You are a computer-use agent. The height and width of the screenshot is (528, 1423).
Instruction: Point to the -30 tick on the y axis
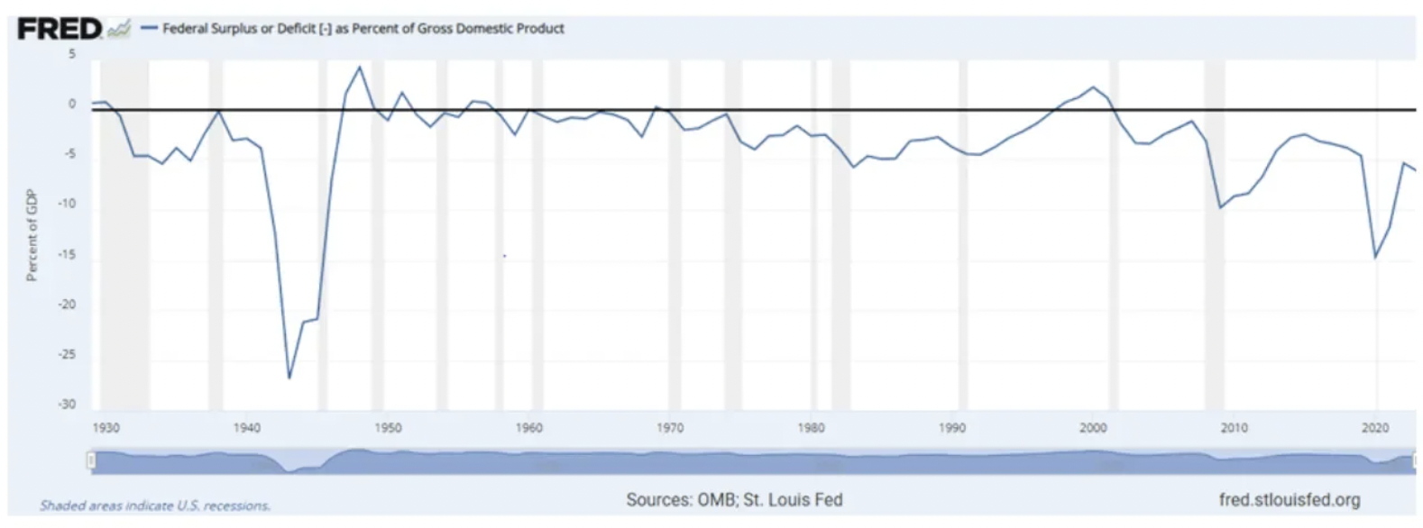(x=68, y=405)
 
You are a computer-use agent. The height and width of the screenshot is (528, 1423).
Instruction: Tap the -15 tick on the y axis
(x=68, y=255)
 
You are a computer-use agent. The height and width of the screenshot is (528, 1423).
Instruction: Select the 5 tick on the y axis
(x=72, y=54)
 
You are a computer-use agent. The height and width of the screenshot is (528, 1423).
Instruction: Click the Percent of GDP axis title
(x=32, y=235)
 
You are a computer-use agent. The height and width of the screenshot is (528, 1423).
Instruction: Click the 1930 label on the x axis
(x=106, y=428)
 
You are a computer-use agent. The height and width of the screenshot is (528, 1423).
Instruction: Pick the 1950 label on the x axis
(x=388, y=428)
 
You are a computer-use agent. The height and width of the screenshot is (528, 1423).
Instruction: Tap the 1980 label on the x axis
(x=811, y=428)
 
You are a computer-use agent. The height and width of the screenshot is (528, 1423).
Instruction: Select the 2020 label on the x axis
(x=1375, y=428)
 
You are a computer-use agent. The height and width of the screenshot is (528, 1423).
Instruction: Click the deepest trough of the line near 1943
(x=289, y=378)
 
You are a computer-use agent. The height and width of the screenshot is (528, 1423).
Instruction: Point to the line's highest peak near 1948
(x=360, y=67)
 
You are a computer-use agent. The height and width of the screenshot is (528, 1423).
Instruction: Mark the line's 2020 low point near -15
(x=1375, y=258)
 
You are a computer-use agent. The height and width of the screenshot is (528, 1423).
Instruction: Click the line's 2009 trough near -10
(x=1220, y=208)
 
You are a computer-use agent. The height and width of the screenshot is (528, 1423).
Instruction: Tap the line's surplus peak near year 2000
(x=1094, y=87)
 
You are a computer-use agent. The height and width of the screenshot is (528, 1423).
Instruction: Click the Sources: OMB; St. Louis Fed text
(x=734, y=499)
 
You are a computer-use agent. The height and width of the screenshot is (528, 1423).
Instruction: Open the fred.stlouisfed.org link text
(x=1289, y=499)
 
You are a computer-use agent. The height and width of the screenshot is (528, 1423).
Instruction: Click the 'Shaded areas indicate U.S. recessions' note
(x=155, y=505)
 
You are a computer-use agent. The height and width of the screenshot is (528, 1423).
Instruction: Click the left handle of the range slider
(x=91, y=460)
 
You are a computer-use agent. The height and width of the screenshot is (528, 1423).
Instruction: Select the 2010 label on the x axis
(x=1234, y=428)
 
